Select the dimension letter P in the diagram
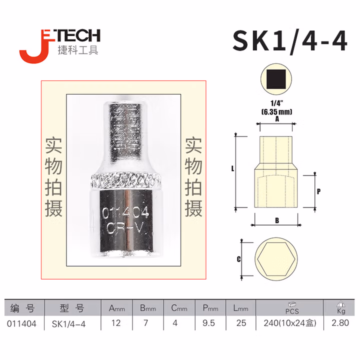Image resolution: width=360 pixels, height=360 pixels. click(318, 191)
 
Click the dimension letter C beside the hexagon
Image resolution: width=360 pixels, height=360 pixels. click(238, 259)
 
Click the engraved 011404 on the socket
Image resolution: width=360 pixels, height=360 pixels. click(125, 212)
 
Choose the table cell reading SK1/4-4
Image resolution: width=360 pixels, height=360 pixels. click(68, 323)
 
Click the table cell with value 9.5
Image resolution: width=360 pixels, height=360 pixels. click(209, 323)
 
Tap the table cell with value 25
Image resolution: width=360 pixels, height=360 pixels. click(241, 323)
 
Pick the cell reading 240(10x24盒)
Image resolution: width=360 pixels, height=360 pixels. click(290, 323)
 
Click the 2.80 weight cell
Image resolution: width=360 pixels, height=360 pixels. click(340, 323)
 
